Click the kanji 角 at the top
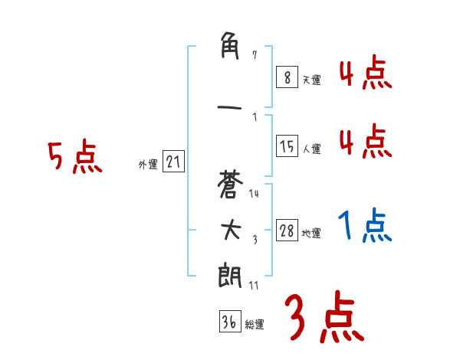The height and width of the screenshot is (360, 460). click(x=231, y=48)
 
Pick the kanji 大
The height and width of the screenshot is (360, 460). click(x=231, y=231)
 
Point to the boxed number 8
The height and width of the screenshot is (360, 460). click(x=287, y=77)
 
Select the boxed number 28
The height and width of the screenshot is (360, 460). click(x=287, y=231)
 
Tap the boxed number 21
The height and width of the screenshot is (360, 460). click(x=173, y=162)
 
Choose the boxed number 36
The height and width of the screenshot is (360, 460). click(x=228, y=322)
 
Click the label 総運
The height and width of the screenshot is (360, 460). click(x=254, y=325)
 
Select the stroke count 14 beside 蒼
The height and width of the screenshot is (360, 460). click(x=254, y=194)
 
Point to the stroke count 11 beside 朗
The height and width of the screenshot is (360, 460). click(x=254, y=285)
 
